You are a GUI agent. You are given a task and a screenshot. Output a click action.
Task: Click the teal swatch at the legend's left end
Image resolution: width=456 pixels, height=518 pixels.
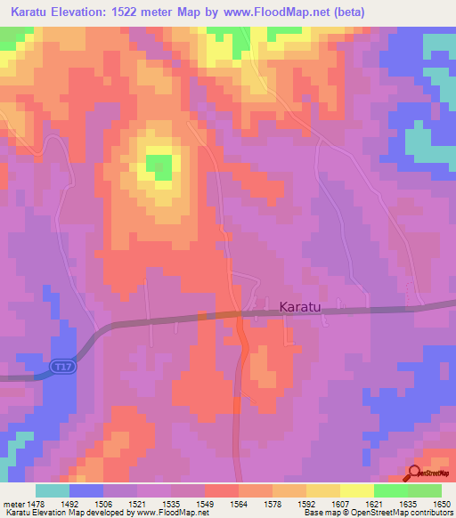[x=53, y=490]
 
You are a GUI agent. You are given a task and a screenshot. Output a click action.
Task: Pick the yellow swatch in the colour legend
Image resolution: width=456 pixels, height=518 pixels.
[x=356, y=490]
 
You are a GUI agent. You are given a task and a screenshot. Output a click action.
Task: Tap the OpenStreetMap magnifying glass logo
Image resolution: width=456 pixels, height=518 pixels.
[x=413, y=473]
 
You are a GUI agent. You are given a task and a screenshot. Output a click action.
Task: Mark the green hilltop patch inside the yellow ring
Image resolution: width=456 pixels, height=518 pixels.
[x=159, y=166]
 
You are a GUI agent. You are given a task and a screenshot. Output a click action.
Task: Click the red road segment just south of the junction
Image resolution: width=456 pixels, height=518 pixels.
[x=242, y=338]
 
